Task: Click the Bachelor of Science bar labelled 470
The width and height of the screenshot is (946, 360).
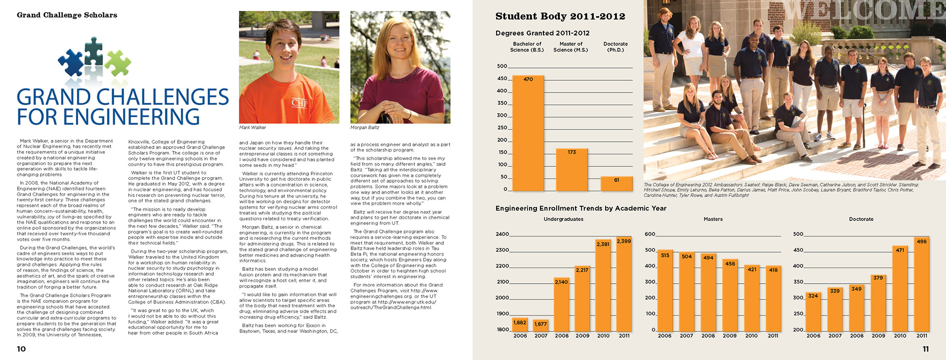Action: pyautogui.click(x=528, y=133)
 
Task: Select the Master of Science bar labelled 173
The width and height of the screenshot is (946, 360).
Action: pyautogui.click(x=572, y=170)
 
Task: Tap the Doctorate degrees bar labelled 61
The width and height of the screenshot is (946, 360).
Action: pyautogui.click(x=616, y=184)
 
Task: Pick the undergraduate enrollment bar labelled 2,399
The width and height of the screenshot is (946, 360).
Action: pyautogui.click(x=624, y=286)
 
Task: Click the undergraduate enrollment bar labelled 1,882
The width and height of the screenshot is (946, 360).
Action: pyautogui.click(x=520, y=325)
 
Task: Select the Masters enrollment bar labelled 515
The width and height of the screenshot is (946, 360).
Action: pyautogui.click(x=665, y=291)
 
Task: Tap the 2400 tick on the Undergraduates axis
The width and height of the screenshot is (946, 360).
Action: pyautogui.click(x=502, y=234)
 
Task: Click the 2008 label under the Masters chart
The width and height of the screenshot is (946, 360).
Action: pyautogui.click(x=708, y=336)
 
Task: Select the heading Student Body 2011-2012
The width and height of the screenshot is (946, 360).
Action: pyautogui.click(x=560, y=16)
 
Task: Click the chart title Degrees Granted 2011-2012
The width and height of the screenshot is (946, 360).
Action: pyautogui.click(x=542, y=33)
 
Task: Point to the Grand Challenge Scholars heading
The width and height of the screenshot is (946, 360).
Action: pyautogui.click(x=67, y=15)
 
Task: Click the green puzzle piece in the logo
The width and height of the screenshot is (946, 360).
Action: pyautogui.click(x=117, y=63)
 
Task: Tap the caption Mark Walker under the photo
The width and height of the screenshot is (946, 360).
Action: pyautogui.click(x=252, y=128)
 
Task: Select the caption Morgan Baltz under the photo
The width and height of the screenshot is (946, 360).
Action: pyautogui.click(x=365, y=128)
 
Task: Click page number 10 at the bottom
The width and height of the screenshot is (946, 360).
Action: pyautogui.click(x=21, y=349)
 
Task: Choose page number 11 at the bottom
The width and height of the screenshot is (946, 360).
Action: pyautogui.click(x=925, y=349)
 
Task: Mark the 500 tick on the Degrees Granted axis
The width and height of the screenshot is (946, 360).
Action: pyautogui.click(x=502, y=66)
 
